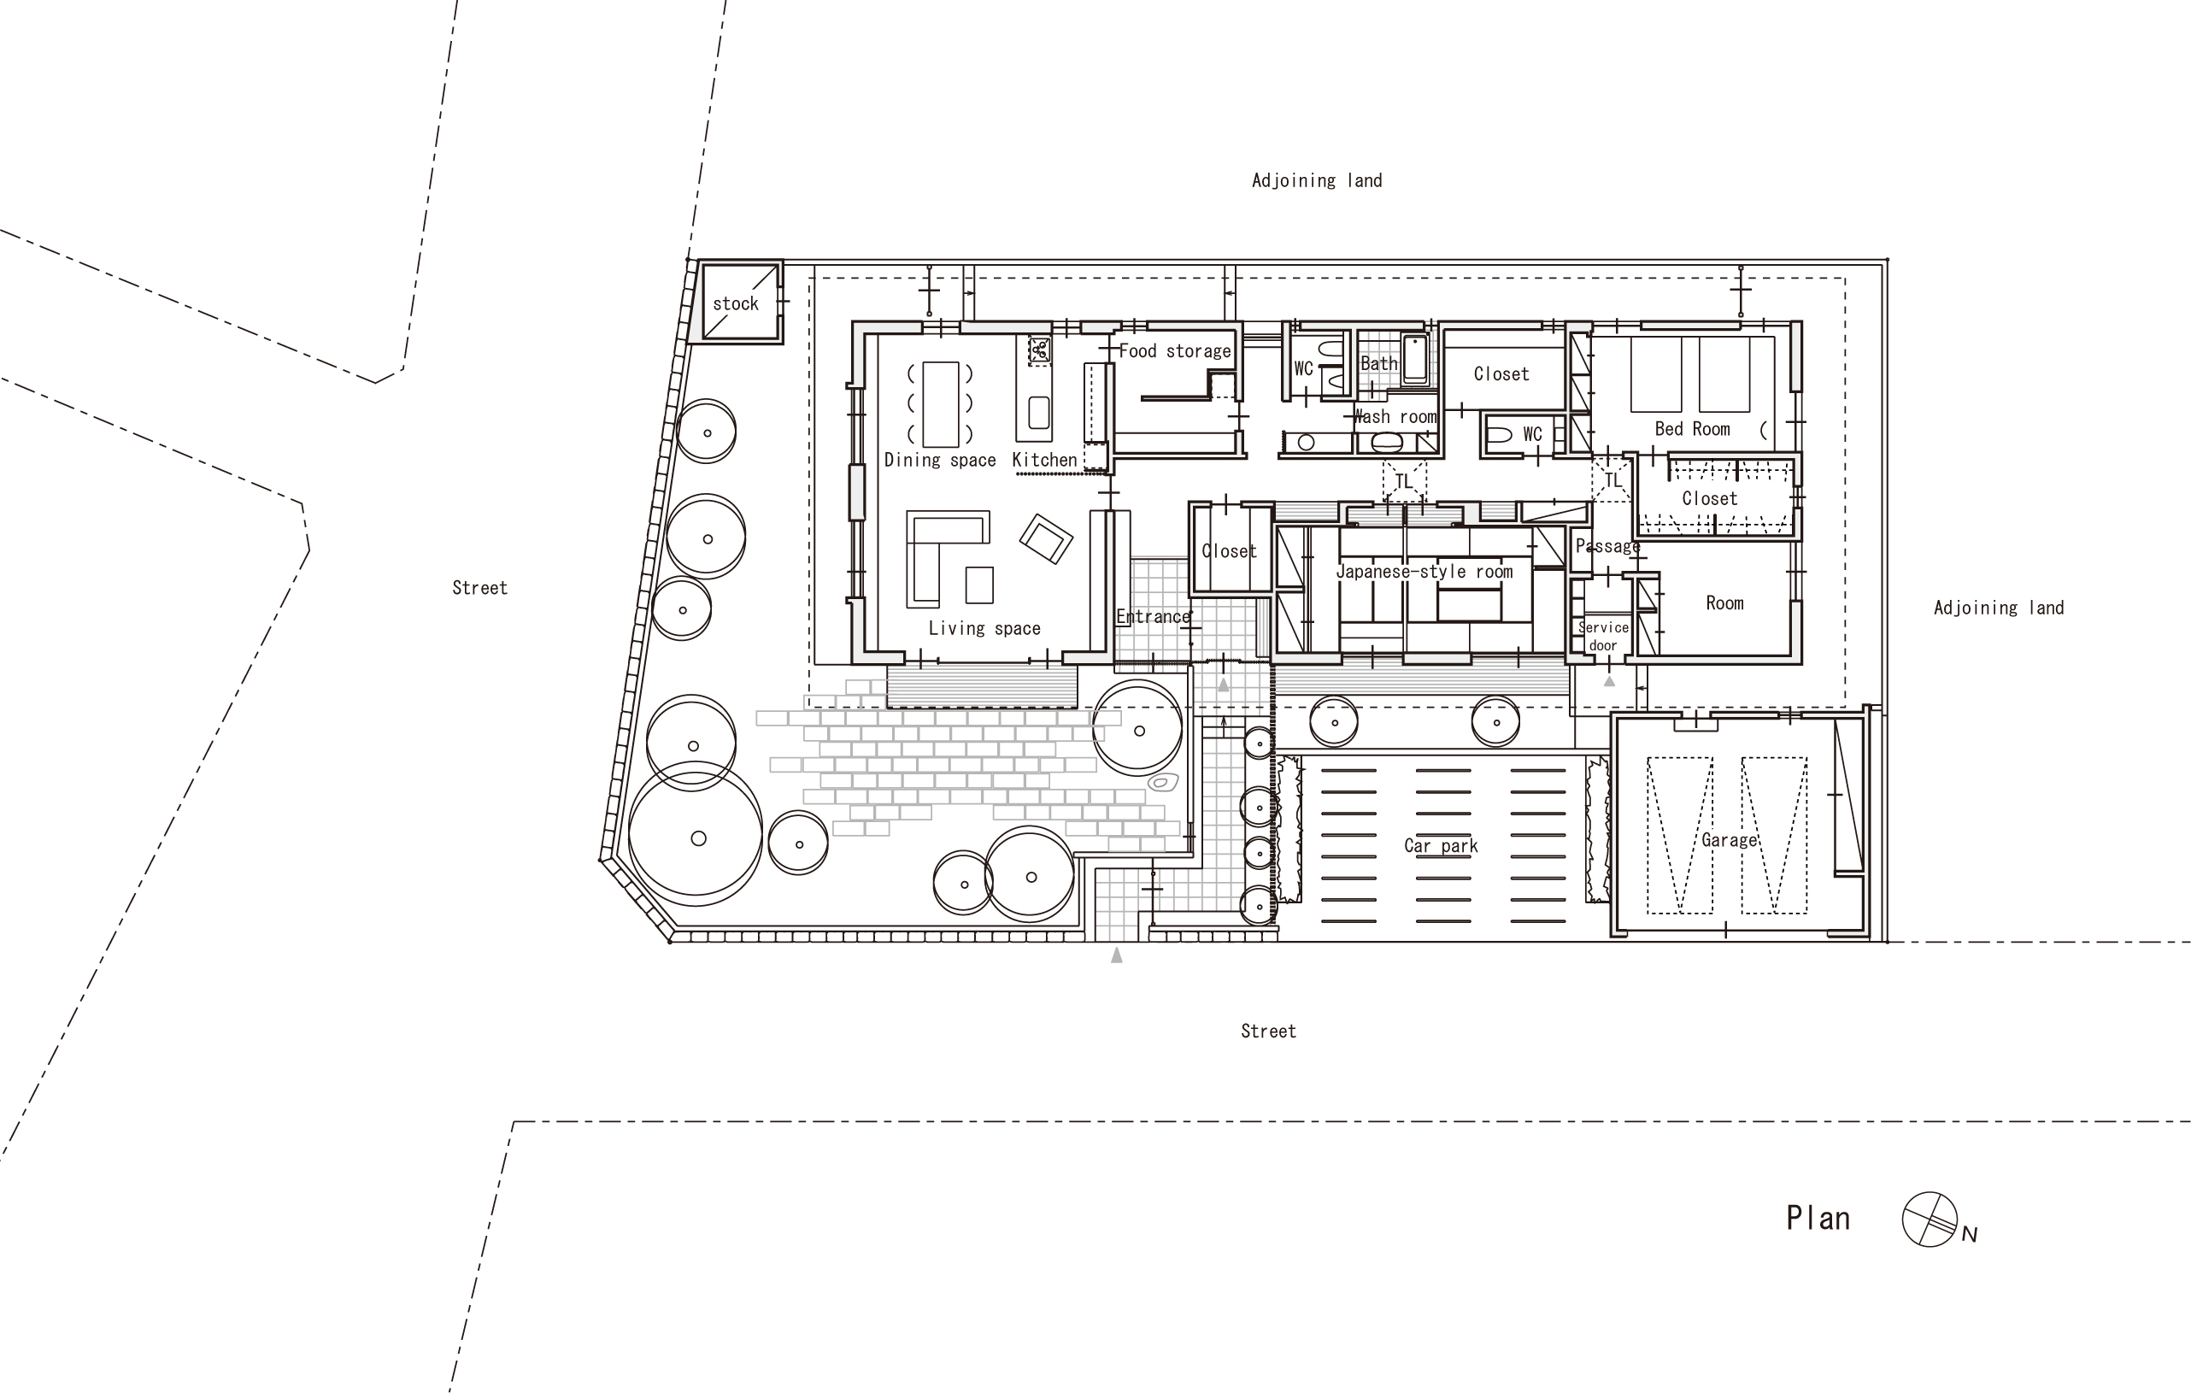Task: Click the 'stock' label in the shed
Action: pos(735,304)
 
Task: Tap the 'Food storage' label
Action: pos(1175,351)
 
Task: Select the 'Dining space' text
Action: pos(940,461)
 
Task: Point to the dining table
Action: pos(941,404)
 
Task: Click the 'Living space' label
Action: pos(984,628)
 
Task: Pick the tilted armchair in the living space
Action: pos(1047,538)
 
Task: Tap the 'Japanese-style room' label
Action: pos(1424,572)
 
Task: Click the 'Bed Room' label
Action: pos(1692,428)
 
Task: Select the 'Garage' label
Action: pos(1729,841)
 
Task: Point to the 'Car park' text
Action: pos(1441,846)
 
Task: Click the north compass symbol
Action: pos(1929,1220)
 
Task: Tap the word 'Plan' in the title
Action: pos(1818,1219)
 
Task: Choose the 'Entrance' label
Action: pos(1153,617)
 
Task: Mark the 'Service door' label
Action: pos(1603,636)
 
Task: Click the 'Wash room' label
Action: pos(1395,417)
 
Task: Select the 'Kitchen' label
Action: pos(1044,461)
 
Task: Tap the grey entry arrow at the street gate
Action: pos(1116,955)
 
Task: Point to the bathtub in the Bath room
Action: pos(1415,361)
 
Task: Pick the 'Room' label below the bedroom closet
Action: pos(1724,603)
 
